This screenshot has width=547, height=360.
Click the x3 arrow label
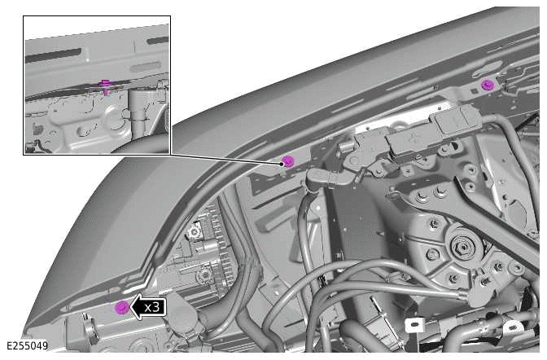[x=149, y=307]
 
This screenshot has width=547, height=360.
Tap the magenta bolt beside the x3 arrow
[x=122, y=307]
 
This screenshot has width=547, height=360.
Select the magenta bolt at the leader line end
[x=287, y=161]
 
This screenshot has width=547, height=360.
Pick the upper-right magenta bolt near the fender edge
[x=488, y=84]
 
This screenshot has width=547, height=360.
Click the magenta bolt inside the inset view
[x=104, y=85]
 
